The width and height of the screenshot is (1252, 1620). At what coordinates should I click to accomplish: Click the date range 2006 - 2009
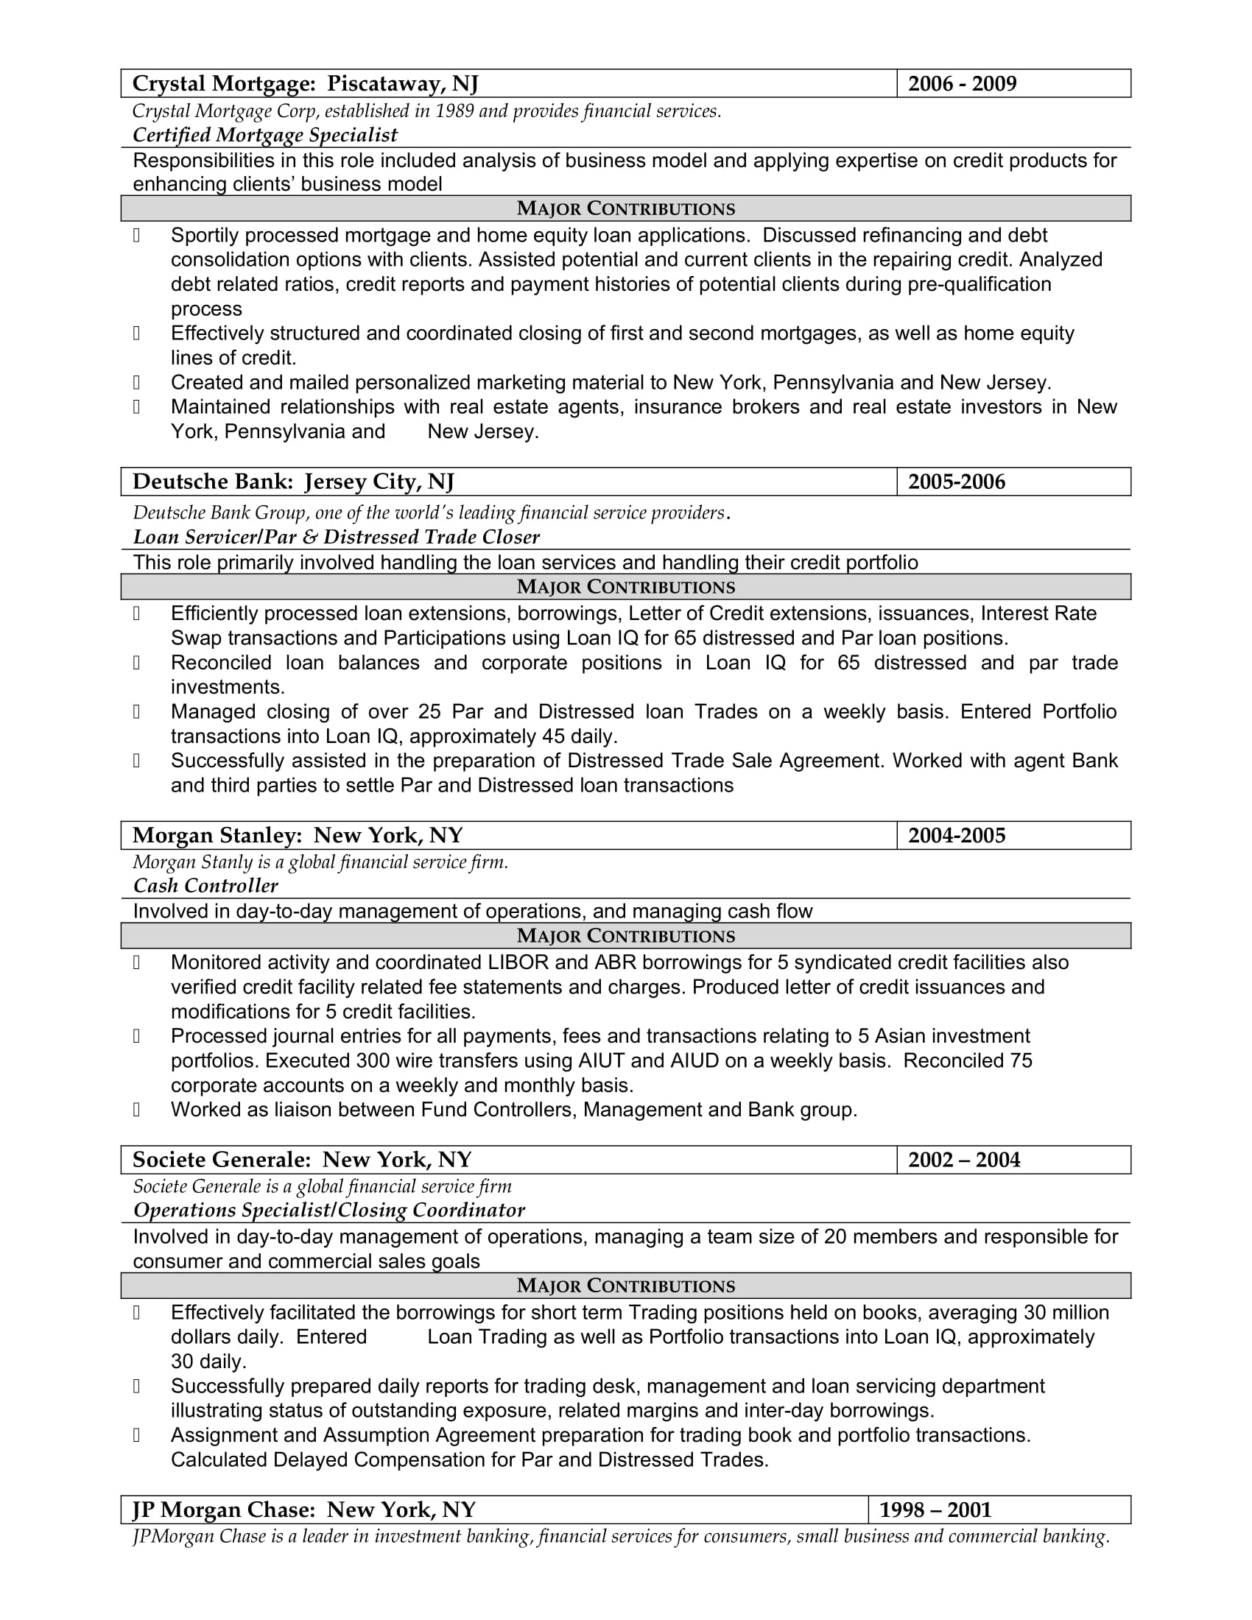coord(962,84)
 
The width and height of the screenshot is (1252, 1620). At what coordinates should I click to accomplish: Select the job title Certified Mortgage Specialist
coord(265,135)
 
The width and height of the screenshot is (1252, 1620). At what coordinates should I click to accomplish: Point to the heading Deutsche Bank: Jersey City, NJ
coord(293,482)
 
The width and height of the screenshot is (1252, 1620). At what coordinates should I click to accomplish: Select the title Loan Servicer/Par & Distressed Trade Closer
coord(336,537)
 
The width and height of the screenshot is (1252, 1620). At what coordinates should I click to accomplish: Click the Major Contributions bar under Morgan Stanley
coord(625,936)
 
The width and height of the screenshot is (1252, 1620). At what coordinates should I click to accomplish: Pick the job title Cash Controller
coord(205,886)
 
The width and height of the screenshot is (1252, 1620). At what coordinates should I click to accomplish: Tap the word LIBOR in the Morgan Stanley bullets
coord(518,963)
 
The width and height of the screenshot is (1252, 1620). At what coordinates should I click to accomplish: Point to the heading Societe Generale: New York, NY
coord(302,1160)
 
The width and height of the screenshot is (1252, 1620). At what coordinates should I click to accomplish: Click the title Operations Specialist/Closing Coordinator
coord(328,1211)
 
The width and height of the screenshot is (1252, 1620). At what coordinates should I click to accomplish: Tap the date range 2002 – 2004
coord(963,1160)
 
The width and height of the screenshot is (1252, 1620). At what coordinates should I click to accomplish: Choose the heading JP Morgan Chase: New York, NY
coord(304,1510)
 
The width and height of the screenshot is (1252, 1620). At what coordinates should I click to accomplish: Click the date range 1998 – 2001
coord(935,1510)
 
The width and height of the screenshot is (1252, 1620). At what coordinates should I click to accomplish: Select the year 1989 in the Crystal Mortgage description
coord(454,111)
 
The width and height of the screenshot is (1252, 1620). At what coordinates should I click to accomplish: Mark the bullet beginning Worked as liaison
coord(513,1110)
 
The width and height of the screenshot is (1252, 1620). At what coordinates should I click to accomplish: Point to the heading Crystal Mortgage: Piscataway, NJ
coord(305,84)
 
